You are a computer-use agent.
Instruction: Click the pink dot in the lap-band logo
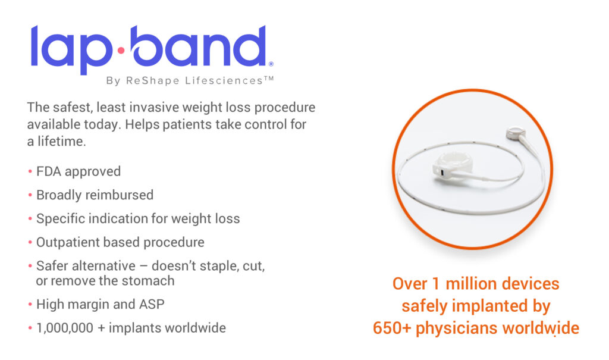pos(121,50)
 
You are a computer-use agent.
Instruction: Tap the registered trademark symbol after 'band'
pos(271,64)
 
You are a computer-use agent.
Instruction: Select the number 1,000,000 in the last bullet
pos(65,328)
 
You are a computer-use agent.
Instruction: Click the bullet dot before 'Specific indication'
pos(30,219)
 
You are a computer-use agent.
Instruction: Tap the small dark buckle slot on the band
pos(442,172)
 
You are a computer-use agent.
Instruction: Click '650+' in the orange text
pos(391,328)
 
